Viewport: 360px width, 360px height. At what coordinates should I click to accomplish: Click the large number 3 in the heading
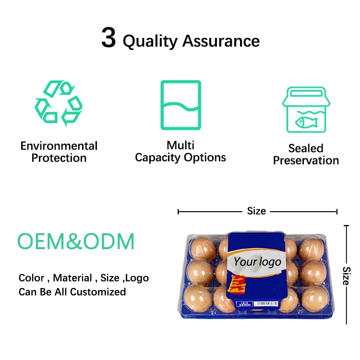[108, 38]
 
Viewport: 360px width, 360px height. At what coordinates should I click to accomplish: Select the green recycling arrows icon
[59, 103]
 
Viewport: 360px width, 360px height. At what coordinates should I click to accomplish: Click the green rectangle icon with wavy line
[180, 105]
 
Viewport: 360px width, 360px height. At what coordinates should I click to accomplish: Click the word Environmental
[59, 146]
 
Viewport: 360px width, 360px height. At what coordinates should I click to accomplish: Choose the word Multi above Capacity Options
[180, 145]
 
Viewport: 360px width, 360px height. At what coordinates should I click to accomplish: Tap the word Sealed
[306, 148]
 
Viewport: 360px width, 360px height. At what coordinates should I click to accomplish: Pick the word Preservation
[306, 160]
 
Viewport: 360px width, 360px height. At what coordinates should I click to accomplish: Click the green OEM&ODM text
[76, 241]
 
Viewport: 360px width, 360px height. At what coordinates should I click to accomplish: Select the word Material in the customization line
[72, 278]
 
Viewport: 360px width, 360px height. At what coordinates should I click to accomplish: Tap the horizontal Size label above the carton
[256, 211]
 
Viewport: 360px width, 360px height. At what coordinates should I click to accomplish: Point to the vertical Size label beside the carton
[347, 276]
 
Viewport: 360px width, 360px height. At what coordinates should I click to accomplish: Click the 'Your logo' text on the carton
[257, 262]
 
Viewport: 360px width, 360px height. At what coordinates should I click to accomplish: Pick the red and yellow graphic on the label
[240, 284]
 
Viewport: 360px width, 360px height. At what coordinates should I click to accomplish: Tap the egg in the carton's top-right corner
[312, 249]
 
